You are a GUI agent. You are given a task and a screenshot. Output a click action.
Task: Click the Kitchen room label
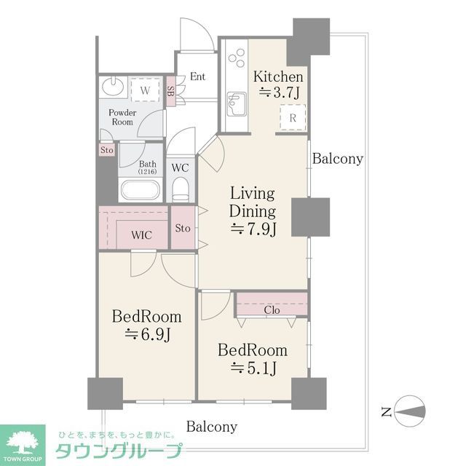[277, 76]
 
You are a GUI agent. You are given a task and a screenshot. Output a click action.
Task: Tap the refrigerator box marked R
[292, 117]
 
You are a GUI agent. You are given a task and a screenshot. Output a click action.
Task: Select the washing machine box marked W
[145, 90]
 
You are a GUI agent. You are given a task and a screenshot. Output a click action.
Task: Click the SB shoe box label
[170, 92]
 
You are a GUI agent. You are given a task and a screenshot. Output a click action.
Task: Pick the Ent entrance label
[197, 76]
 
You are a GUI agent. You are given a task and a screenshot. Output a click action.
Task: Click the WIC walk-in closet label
[142, 236]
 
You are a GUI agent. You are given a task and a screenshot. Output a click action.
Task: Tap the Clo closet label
[272, 309]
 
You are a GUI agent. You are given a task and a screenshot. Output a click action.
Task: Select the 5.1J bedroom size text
[253, 368]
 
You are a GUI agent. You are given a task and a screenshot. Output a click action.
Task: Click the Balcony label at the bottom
[211, 427]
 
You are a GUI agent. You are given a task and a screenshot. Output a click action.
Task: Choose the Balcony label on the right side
[337, 159]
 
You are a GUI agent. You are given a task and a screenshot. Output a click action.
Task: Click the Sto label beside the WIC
[183, 228]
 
